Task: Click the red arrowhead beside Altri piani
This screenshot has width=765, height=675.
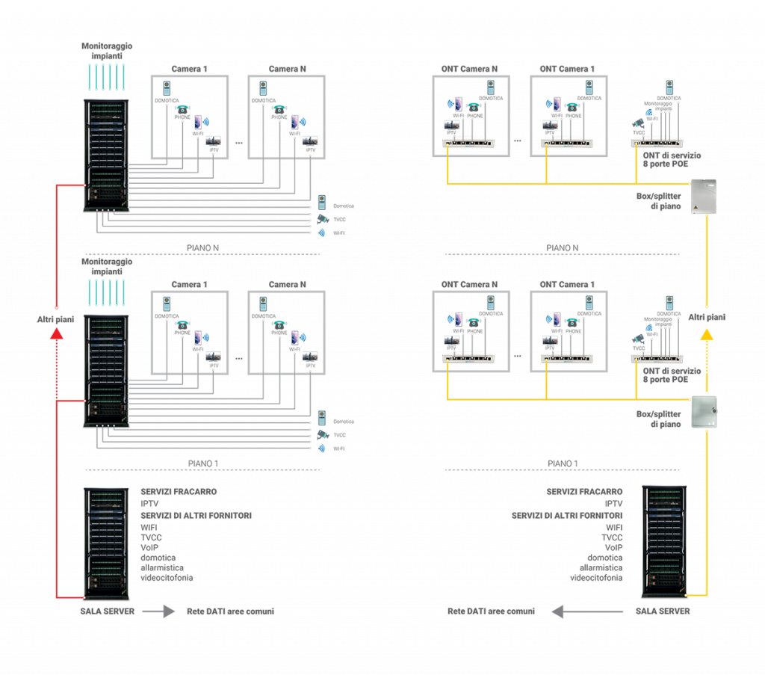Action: pos(57,336)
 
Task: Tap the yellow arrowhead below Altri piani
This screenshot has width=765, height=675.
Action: pos(706,336)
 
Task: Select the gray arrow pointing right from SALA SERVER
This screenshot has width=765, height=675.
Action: pos(158,611)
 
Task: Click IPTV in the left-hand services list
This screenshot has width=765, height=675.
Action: pos(149,504)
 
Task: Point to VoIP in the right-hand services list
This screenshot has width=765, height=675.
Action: pos(613,547)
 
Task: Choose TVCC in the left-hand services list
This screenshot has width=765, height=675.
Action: pos(152,537)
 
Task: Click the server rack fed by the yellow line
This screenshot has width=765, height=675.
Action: pos(666,542)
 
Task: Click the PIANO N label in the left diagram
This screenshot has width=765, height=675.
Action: pos(202,247)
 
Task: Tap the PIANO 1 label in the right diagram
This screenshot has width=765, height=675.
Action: pos(562,463)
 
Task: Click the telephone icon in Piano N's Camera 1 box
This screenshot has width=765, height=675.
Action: pos(182,109)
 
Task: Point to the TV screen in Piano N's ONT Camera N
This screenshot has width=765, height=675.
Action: pos(451,125)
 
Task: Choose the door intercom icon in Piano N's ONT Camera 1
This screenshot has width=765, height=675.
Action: pos(589,89)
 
